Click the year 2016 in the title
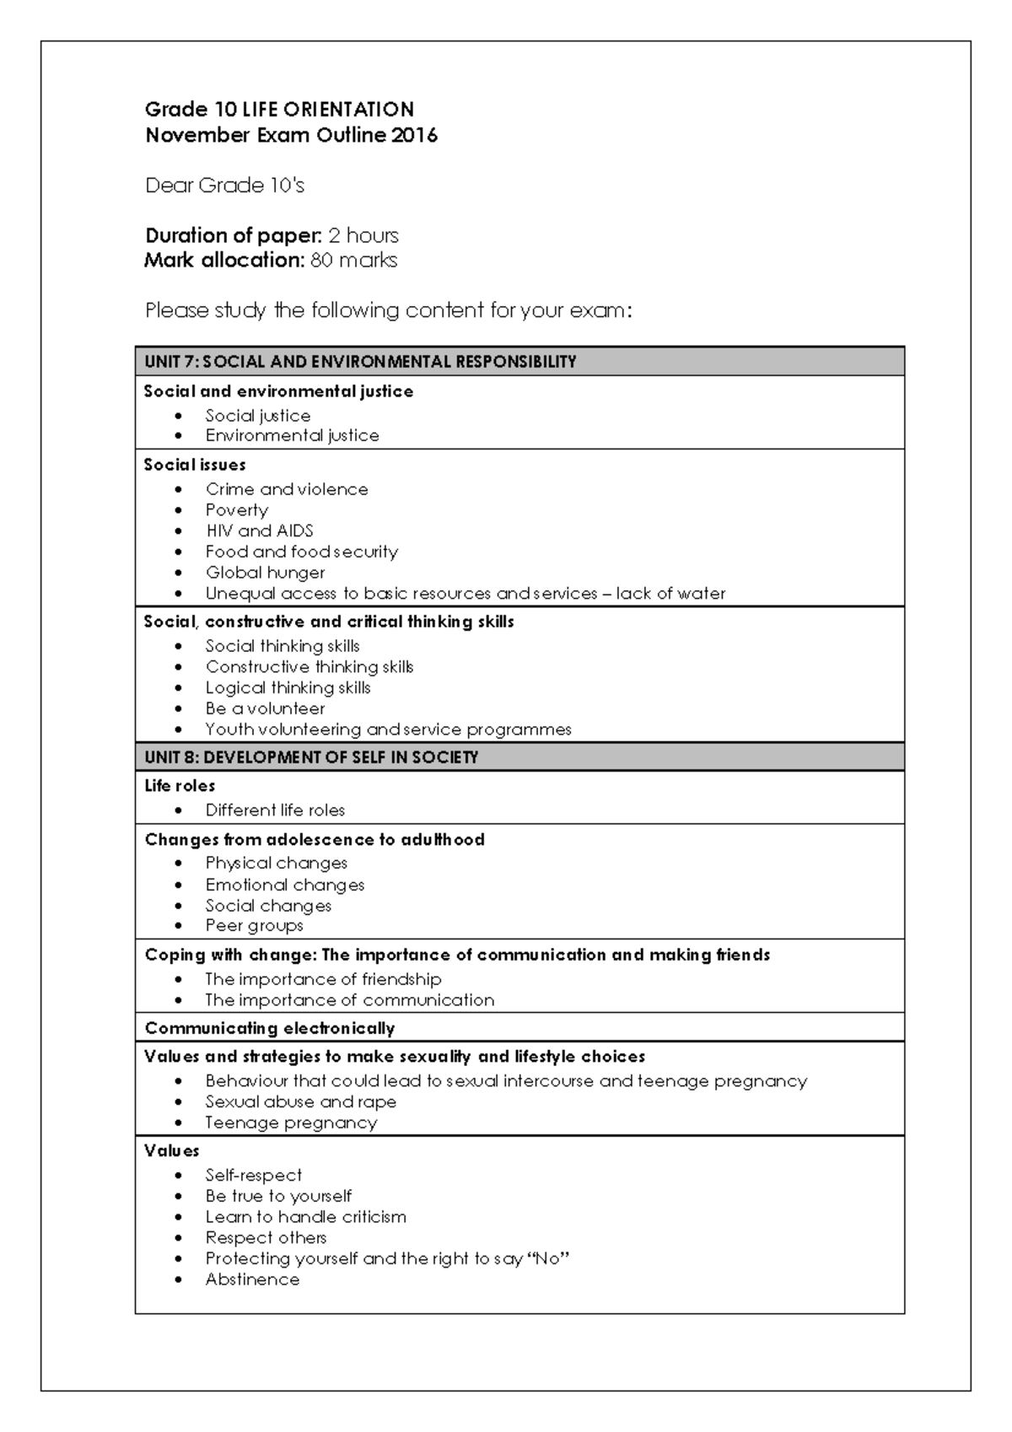414,135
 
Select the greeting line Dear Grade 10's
224,186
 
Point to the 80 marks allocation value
353,260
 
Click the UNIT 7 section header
360,362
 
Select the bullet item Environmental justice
292,436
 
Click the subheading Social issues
195,465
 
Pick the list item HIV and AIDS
259,531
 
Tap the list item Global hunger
265,573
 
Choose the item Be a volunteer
265,709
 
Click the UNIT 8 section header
311,757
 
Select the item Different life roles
275,810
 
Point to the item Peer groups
254,926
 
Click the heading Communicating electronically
270,1028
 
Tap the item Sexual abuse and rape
300,1102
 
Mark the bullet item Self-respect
253,1176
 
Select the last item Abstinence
252,1280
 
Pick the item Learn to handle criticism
305,1217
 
